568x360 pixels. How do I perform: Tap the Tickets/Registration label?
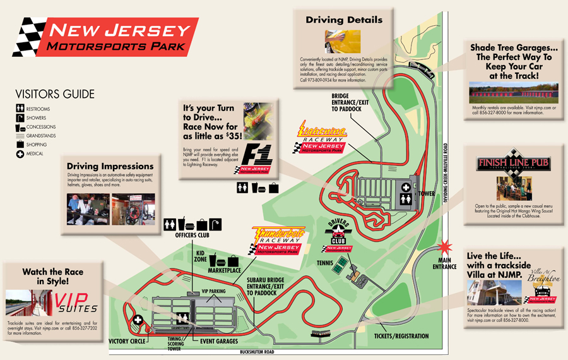(401, 336)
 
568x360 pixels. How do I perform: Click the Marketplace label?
(225, 270)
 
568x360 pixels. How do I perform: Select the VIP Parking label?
(213, 291)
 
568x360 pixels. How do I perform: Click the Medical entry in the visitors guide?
(35, 153)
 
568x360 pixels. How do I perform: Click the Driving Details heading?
(344, 20)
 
